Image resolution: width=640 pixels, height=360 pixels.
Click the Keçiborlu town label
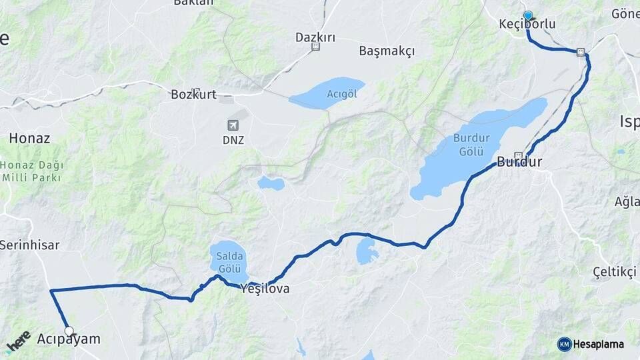coord(527,24)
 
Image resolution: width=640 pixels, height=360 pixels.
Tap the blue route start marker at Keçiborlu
coord(528,15)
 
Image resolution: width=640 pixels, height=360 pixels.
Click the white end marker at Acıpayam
coord(69,330)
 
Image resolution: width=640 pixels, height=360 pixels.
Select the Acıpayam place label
coord(69,339)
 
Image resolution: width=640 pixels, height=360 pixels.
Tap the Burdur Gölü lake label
coord(472,144)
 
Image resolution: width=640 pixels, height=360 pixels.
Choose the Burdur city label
coord(519,162)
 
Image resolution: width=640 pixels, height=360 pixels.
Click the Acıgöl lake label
coord(342,94)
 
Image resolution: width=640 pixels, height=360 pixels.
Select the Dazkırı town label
coord(315,37)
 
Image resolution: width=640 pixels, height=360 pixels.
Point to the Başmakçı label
coord(387,51)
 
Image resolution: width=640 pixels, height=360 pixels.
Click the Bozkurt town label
coord(193,95)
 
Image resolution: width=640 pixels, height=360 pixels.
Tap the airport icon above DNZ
coord(233,125)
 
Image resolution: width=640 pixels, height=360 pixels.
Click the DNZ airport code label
coord(233,140)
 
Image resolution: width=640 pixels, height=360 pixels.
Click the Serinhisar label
coord(29,245)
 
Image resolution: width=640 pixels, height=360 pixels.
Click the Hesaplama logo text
coord(598,344)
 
